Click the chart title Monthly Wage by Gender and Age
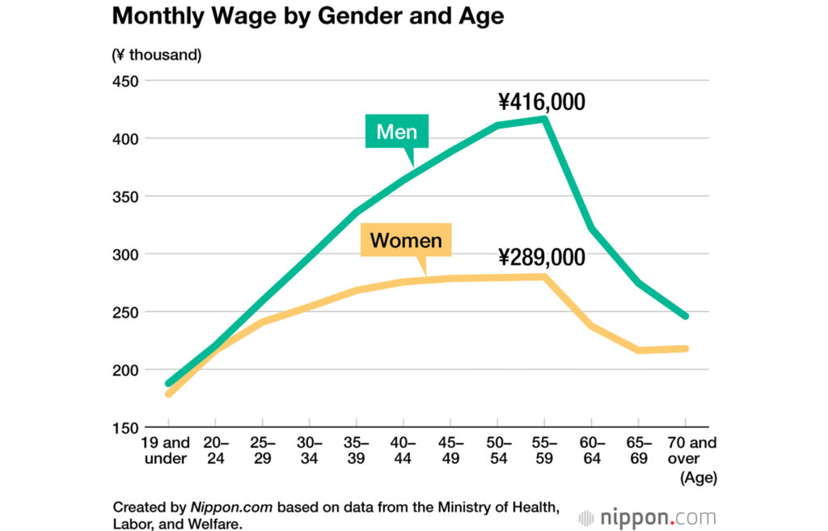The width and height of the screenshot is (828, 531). pos(307,16)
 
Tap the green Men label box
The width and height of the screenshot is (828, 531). pos(396,132)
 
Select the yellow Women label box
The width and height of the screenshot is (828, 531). pos(406,240)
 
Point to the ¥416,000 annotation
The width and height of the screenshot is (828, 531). pos(541,103)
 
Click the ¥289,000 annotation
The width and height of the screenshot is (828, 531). pos(541,258)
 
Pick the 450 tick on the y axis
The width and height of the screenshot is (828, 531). pos(125,81)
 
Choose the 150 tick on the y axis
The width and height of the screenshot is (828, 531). pos(125,428)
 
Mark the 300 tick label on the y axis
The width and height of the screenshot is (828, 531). pos(125,255)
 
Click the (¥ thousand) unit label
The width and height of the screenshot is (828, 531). pos(156,55)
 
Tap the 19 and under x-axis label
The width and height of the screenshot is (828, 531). pos(167,451)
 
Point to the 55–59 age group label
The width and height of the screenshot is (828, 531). pos(544,451)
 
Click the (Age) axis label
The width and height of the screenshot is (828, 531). pos(699,478)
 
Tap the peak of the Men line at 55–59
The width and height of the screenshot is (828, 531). pos(544,119)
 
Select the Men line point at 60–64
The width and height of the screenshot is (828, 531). pos(591,228)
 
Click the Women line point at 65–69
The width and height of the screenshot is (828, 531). pos(639,350)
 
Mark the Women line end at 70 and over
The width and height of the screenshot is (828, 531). pos(686,348)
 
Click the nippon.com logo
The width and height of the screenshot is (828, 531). pos(647,517)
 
